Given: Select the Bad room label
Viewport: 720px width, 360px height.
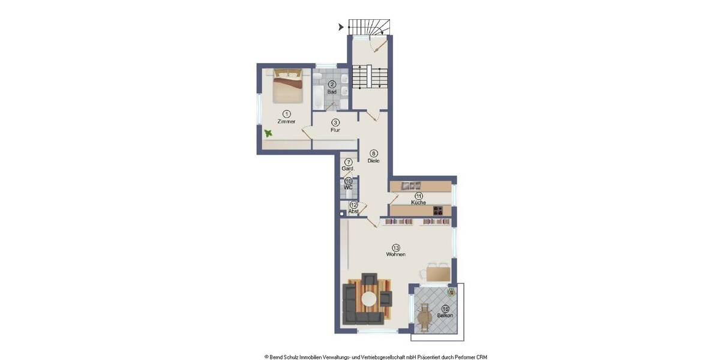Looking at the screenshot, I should click(331, 92).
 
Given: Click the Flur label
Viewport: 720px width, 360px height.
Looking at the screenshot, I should click(335, 130).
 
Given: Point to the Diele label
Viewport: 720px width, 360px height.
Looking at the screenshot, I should click(374, 160).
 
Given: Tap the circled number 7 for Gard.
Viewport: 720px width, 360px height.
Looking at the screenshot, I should click(348, 162).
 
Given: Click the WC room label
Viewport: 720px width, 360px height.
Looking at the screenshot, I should click(348, 187).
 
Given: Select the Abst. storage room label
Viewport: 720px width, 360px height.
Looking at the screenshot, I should click(353, 211).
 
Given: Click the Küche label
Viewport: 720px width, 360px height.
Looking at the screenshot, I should click(418, 203).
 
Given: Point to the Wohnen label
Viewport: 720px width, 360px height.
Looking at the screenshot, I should click(396, 254).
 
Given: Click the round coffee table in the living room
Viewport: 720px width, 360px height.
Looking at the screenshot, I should click(369, 298).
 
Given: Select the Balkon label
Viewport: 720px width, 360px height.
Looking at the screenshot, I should click(445, 316).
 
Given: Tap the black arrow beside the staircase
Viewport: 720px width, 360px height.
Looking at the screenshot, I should click(341, 26).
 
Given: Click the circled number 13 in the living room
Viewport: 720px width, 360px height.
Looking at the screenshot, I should click(396, 247).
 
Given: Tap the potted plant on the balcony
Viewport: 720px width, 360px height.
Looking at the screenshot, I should click(452, 292).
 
